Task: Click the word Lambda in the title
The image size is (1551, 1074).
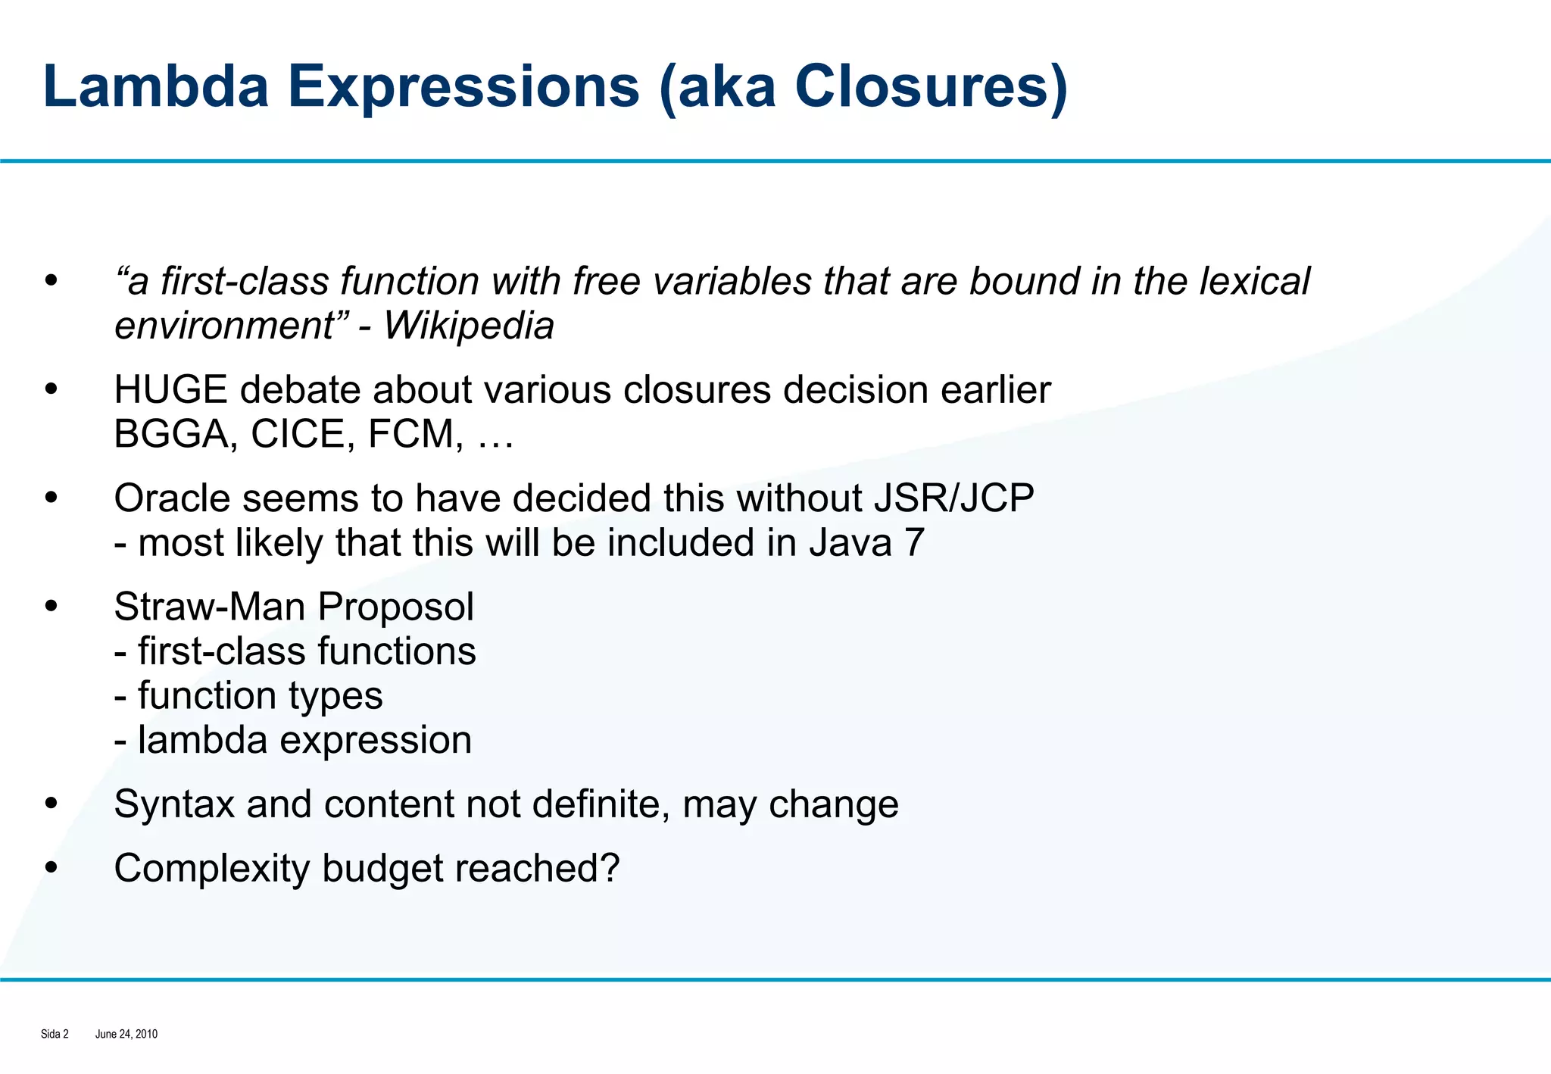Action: pyautogui.click(x=156, y=86)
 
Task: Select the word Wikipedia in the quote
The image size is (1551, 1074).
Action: pyautogui.click(x=469, y=326)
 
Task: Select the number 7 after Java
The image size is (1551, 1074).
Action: pyautogui.click(x=914, y=543)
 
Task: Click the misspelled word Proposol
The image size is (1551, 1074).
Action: pyautogui.click(x=395, y=607)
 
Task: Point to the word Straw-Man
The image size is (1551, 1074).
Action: pyautogui.click(x=210, y=607)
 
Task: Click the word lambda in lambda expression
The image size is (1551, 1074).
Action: pyautogui.click(x=202, y=740)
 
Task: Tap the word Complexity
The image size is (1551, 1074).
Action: pyautogui.click(x=211, y=869)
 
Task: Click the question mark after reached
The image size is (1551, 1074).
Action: pyautogui.click(x=608, y=868)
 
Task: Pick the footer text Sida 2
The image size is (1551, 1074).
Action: pyautogui.click(x=55, y=1034)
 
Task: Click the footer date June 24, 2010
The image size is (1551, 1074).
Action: pyautogui.click(x=126, y=1034)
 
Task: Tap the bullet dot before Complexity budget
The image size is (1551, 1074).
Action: pyautogui.click(x=51, y=869)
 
